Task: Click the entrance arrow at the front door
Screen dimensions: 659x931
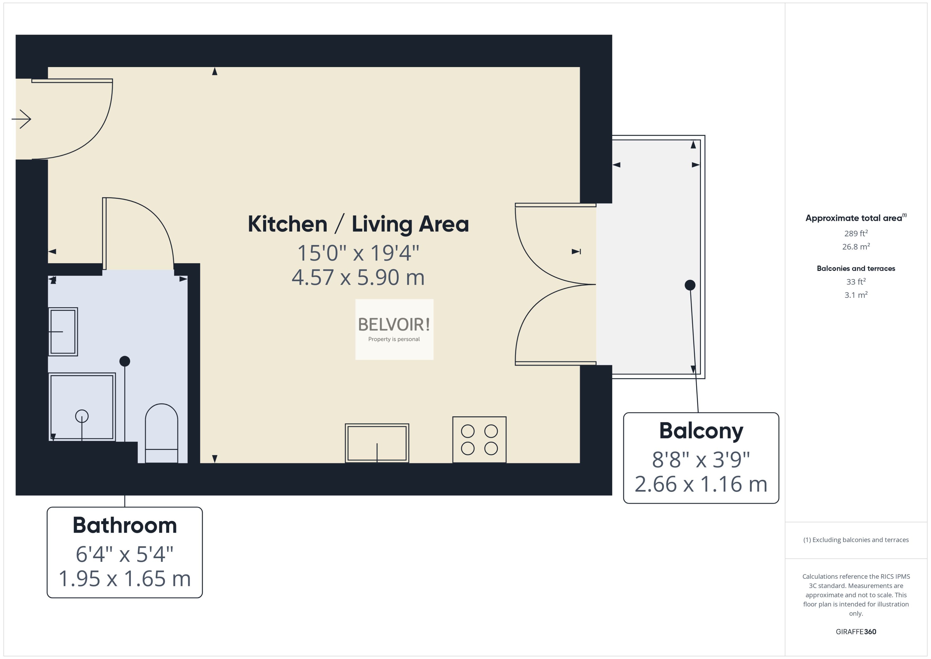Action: pyautogui.click(x=22, y=119)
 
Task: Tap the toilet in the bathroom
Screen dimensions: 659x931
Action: pyautogui.click(x=161, y=433)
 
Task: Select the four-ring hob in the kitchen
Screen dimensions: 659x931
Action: pyautogui.click(x=479, y=440)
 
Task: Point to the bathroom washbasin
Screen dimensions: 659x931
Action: pyautogui.click(x=63, y=331)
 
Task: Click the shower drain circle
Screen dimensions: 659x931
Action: pyautogui.click(x=82, y=416)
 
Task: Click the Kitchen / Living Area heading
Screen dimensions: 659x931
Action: pyautogui.click(x=358, y=224)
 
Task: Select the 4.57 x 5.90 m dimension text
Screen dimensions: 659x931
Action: pyautogui.click(x=358, y=277)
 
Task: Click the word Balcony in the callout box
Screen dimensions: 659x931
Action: pyautogui.click(x=701, y=431)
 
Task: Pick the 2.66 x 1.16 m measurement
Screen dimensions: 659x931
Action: pyautogui.click(x=701, y=484)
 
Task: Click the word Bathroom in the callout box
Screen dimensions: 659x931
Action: pyautogui.click(x=124, y=525)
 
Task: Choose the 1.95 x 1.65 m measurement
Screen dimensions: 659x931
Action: pyautogui.click(x=124, y=579)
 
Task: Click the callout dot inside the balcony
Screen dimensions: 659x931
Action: pyautogui.click(x=690, y=285)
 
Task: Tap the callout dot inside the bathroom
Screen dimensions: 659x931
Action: pyautogui.click(x=124, y=361)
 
